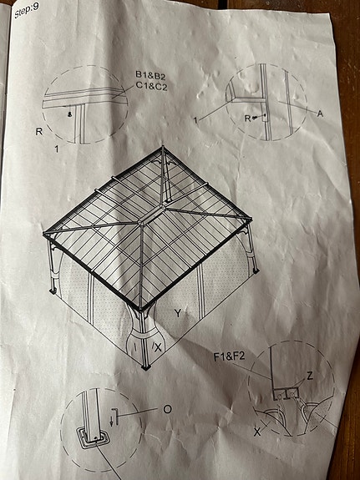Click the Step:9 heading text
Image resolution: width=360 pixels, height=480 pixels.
coord(27,10)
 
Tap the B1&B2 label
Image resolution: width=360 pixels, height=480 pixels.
coord(150,74)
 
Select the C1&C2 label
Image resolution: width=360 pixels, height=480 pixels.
coord(152,86)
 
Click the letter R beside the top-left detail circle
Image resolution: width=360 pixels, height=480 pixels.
coord(39,132)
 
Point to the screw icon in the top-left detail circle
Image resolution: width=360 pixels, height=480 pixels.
coord(70,114)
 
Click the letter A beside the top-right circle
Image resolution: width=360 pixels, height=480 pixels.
coord(320,114)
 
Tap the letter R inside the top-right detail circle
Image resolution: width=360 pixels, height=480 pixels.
coord(247,119)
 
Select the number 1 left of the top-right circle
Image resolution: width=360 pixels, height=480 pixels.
coord(195,120)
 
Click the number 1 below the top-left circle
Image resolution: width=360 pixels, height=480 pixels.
coord(56,149)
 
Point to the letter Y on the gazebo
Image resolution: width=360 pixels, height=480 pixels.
coord(178,313)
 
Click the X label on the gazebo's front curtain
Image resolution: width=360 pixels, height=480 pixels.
coord(158,347)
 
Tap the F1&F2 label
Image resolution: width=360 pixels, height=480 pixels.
coord(230,357)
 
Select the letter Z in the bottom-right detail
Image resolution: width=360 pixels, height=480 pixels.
coord(310,376)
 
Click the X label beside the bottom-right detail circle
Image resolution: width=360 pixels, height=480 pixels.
coord(257,432)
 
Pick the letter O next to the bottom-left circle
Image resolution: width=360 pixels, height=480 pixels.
coord(167,409)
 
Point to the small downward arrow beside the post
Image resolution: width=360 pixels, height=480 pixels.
coord(112,422)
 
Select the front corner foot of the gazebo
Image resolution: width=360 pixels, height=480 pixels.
coord(146,366)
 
